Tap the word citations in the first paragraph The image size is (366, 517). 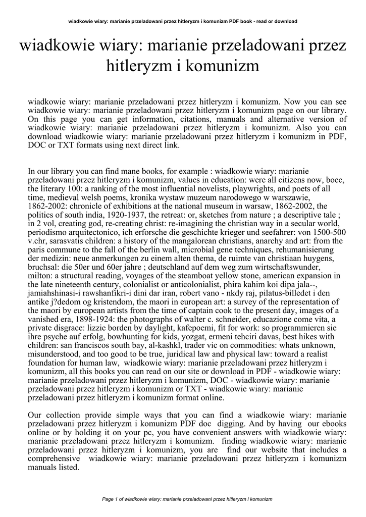coord(196,119)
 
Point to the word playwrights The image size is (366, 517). coord(256,188)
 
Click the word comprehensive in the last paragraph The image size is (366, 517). coord(53,458)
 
